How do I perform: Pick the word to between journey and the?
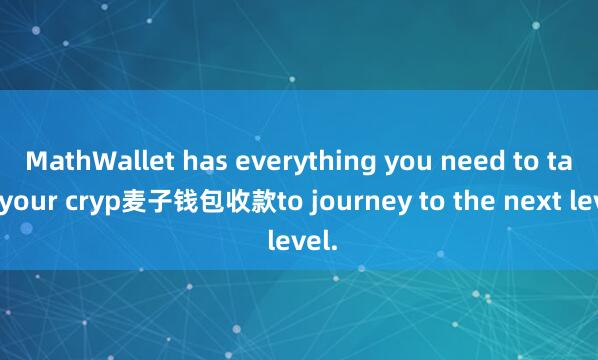click(403, 204)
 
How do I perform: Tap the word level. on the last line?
click(300, 243)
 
